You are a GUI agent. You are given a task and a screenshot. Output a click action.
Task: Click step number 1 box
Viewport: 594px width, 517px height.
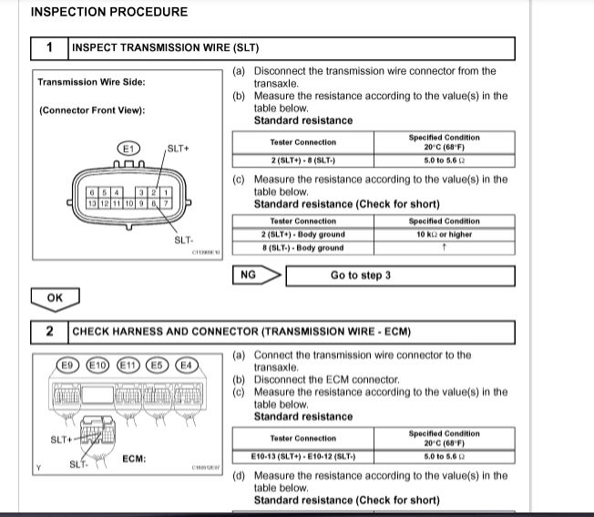(x=49, y=47)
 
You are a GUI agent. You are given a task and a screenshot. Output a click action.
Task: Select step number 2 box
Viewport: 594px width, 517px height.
(x=49, y=332)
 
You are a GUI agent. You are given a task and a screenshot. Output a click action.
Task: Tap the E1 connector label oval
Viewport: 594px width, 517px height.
(x=128, y=148)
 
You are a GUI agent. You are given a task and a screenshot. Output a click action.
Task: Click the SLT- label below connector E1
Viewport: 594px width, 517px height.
(x=183, y=241)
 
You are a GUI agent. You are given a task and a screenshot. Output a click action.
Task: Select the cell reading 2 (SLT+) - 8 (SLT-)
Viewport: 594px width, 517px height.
(x=302, y=160)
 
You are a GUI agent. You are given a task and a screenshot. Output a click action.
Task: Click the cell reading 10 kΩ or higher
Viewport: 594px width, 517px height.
(x=445, y=234)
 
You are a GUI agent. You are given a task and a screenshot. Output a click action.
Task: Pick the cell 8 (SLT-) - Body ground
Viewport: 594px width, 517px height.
(x=302, y=247)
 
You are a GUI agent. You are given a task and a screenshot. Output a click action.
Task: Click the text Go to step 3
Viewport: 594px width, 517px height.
(x=361, y=275)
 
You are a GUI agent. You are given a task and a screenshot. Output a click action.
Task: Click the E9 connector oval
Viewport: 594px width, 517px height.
(x=67, y=366)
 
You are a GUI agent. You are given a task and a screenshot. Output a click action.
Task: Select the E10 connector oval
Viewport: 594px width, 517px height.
(x=97, y=366)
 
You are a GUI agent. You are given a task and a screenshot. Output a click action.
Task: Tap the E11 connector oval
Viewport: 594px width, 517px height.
(x=129, y=366)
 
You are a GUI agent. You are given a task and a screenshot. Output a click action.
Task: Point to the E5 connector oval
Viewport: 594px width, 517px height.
(x=159, y=366)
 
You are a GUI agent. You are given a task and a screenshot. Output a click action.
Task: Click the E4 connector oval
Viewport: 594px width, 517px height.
(x=186, y=366)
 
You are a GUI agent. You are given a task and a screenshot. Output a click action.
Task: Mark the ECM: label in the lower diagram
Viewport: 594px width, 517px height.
(x=135, y=459)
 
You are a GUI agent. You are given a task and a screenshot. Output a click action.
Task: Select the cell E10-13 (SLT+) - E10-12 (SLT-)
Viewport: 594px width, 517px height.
(x=302, y=456)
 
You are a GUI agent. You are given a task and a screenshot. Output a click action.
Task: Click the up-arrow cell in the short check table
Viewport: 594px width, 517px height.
(x=445, y=247)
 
